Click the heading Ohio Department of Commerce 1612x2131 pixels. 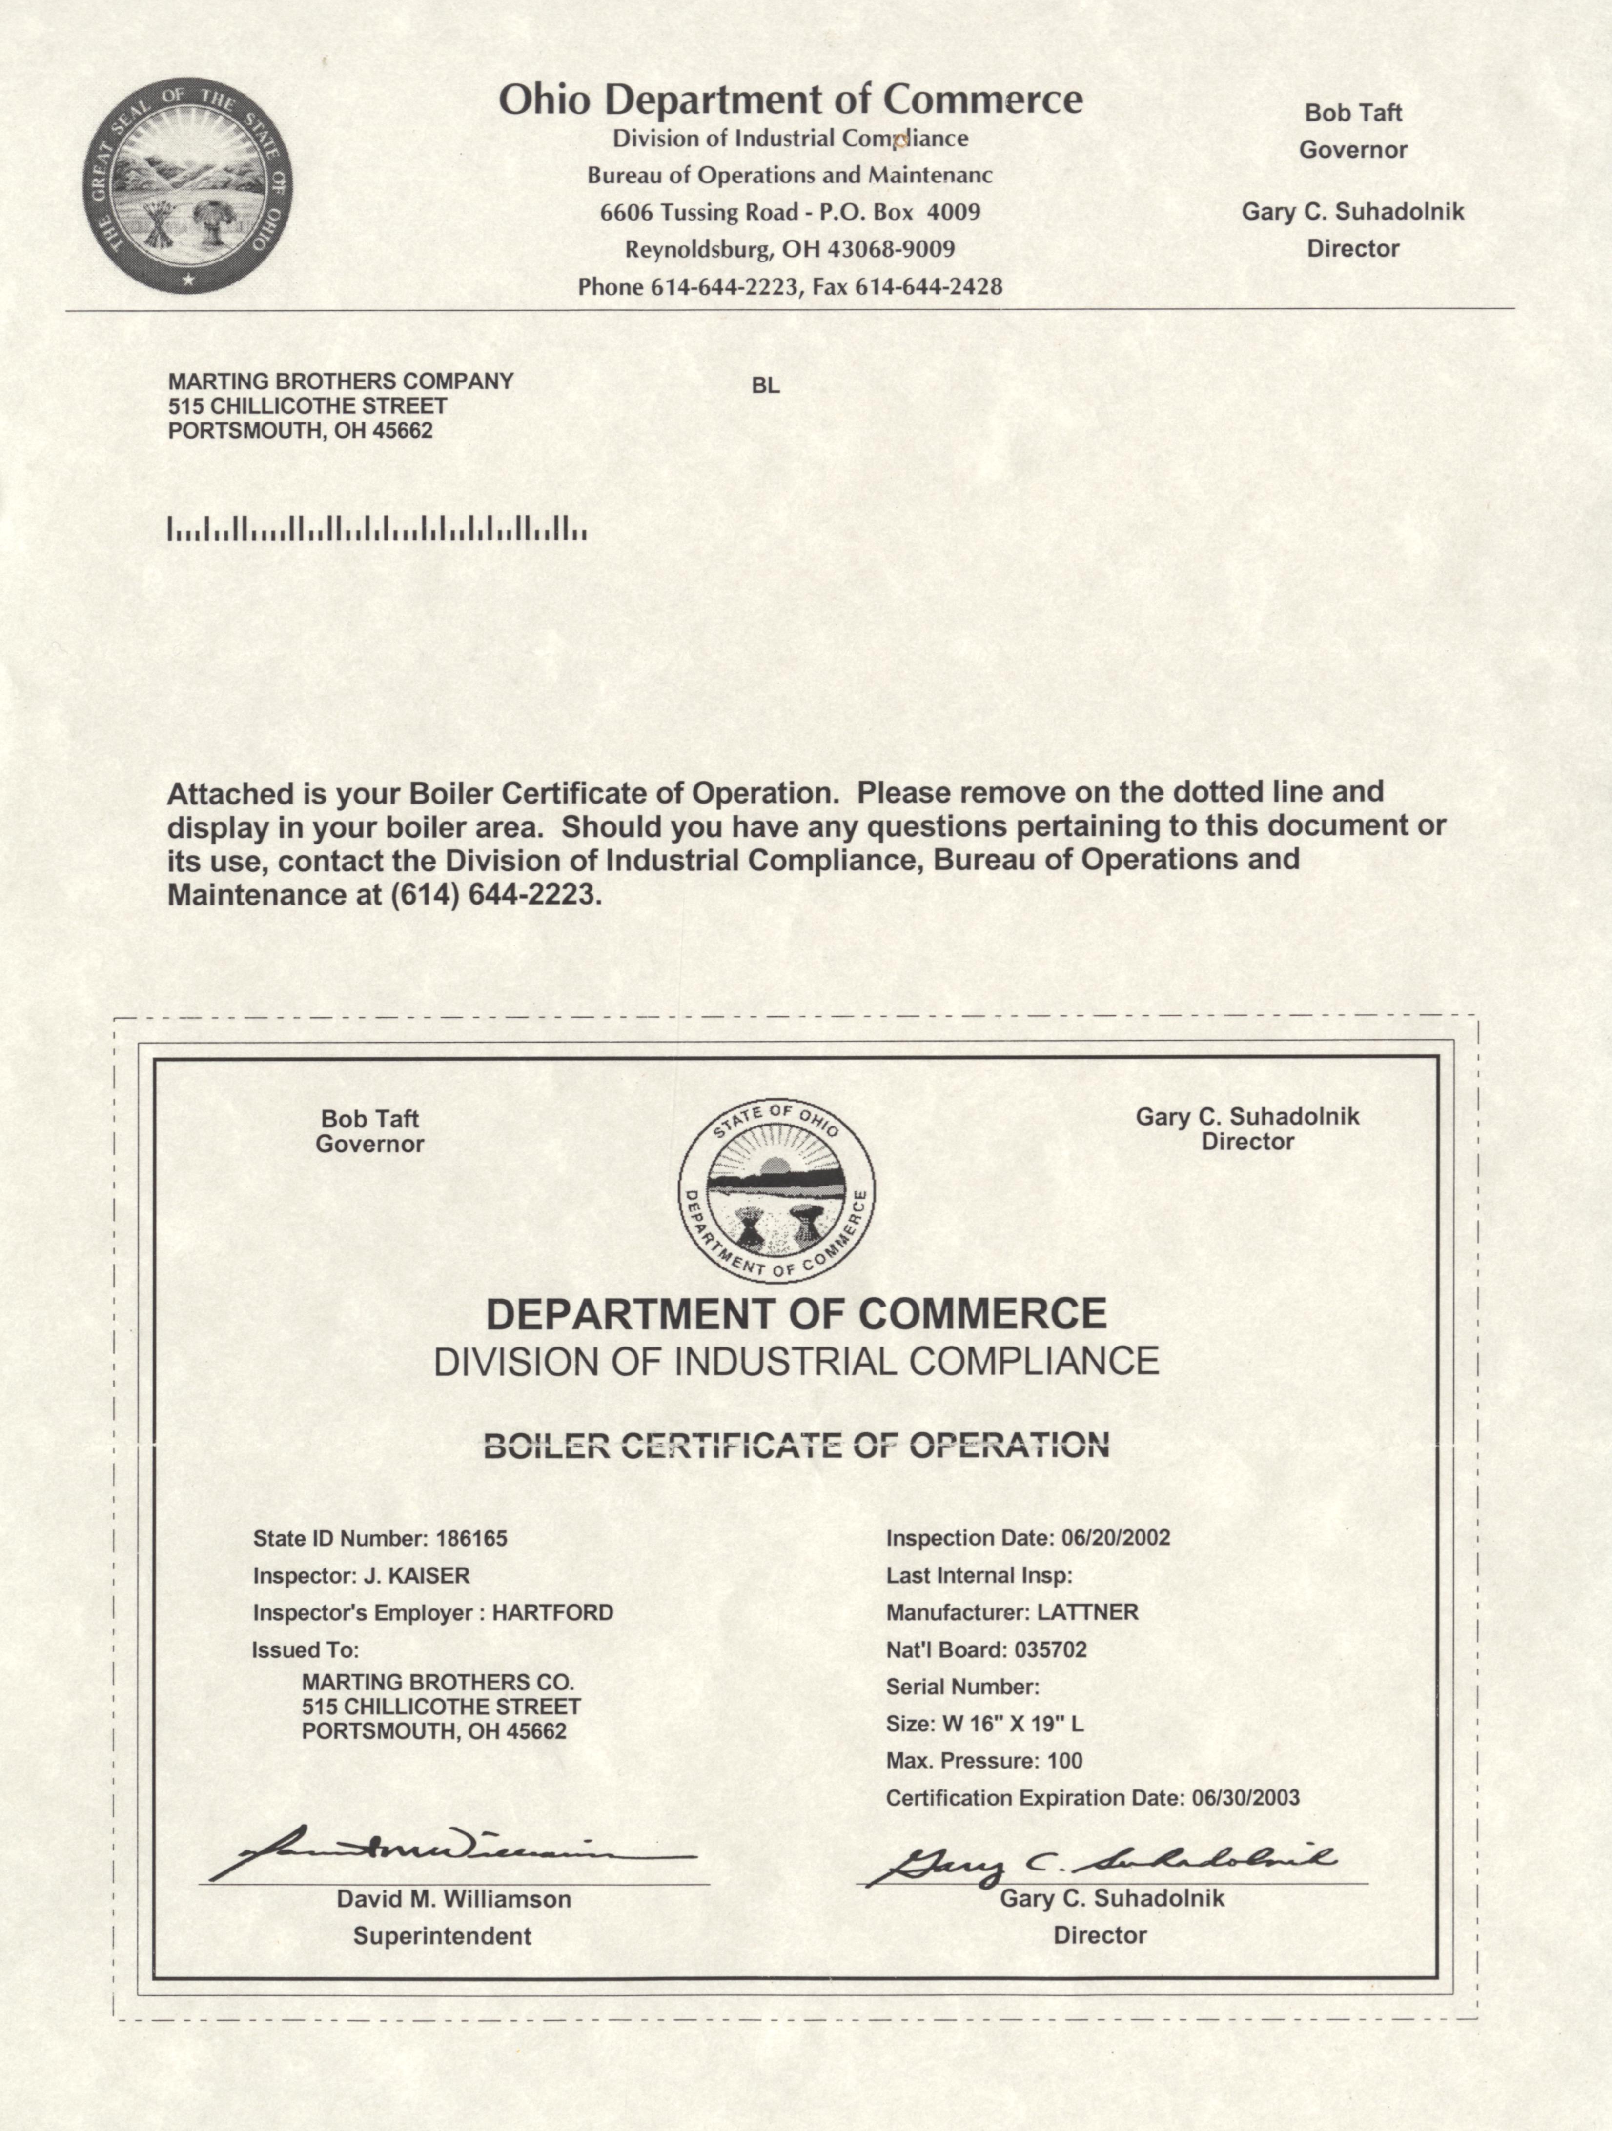[790, 99]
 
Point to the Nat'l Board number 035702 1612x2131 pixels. [1050, 1649]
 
